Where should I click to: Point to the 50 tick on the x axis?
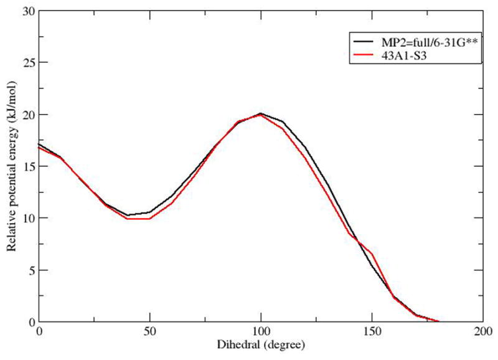pos(149,331)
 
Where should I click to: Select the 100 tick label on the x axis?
pos(261,331)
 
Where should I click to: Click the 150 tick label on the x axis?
pos(372,331)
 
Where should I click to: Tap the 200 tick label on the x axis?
pos(482,331)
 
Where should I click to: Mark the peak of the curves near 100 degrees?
pos(261,114)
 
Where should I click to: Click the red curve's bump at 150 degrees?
pos(371,253)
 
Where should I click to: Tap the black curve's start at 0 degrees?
pos(39,144)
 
